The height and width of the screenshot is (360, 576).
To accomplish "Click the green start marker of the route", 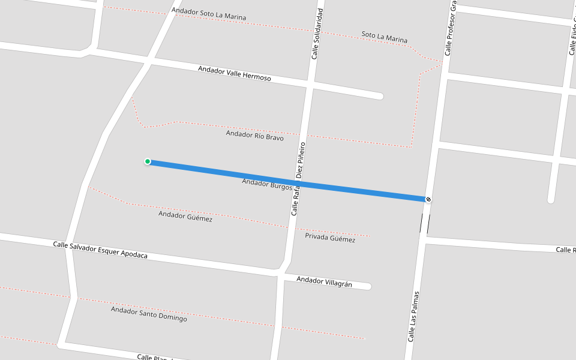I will (148, 161).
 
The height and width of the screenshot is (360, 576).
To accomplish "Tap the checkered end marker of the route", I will (428, 199).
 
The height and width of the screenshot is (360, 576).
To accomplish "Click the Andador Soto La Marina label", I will (209, 14).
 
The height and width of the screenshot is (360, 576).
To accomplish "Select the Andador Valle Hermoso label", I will (235, 74).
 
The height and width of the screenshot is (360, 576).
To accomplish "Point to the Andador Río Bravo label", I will (255, 136).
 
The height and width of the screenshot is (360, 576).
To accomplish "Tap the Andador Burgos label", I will (266, 183).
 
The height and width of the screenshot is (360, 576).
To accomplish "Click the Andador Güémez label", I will (185, 217).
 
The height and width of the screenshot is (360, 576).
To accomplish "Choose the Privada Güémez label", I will (330, 238).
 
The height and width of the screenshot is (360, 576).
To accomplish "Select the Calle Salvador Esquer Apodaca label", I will (100, 250).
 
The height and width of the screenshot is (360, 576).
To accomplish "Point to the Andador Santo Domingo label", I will (149, 314).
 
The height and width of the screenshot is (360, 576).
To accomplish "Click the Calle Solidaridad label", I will (317, 34).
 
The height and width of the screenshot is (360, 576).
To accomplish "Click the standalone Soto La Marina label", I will (385, 37).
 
